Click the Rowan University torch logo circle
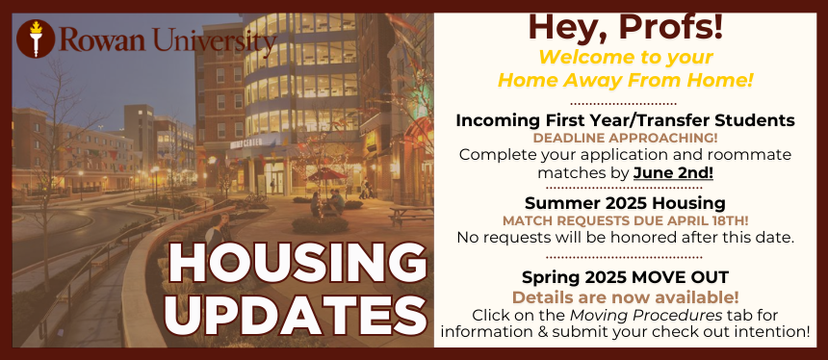coord(36,39)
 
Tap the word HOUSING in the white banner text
coord(298,264)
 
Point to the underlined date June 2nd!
coord(673,172)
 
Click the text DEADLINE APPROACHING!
coord(625,139)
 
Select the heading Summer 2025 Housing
coord(625,203)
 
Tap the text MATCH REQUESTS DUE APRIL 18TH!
coord(625,220)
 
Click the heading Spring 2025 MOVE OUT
coord(625,276)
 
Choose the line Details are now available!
coord(625,297)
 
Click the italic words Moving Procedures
coord(646,315)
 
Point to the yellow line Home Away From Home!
coord(625,81)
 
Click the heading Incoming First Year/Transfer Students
coord(625,121)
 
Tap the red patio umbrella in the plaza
coord(327,173)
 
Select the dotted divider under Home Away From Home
coord(623,104)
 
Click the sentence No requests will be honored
coord(625,238)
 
